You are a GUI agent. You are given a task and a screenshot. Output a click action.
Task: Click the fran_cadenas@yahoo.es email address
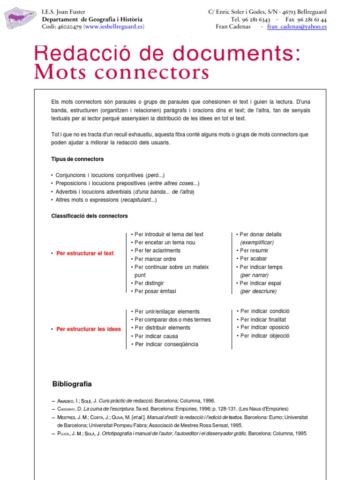[297, 27]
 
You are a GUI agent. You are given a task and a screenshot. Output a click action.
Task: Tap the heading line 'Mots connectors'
[121, 73]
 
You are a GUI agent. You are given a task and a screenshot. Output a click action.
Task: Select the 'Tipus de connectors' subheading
[77, 159]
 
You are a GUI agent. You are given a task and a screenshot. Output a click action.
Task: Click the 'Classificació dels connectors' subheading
[89, 216]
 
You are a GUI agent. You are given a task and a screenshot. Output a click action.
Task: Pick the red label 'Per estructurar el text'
[85, 253]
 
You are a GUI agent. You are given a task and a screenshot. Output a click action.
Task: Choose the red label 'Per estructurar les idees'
[88, 329]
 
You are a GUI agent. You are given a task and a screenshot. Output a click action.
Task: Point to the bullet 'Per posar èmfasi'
[155, 291]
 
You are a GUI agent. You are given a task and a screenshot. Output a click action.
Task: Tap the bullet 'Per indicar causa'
[156, 336]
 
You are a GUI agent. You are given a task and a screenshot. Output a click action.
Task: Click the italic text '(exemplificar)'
[257, 242]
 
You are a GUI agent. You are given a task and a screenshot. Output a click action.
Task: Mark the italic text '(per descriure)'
[258, 291]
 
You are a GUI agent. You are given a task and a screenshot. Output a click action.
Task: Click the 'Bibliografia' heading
[72, 384]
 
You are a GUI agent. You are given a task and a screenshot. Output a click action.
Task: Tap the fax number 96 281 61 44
[312, 20]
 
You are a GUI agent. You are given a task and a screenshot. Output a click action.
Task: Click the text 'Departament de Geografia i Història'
[92, 20]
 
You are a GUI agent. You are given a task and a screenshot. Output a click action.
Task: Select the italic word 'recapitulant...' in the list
[139, 200]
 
